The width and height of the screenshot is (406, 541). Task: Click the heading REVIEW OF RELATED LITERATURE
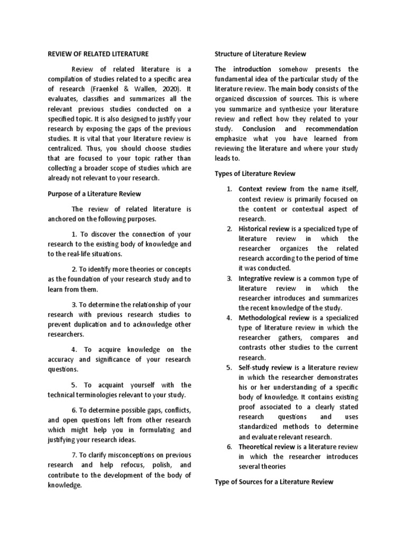click(x=99, y=54)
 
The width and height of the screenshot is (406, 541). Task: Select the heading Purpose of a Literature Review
click(x=95, y=194)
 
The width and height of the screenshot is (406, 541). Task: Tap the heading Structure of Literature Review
click(x=260, y=54)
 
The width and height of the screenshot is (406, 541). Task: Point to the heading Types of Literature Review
click(x=254, y=174)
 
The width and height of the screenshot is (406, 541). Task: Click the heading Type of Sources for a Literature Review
click(x=273, y=481)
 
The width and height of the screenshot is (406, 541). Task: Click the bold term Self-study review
click(x=263, y=368)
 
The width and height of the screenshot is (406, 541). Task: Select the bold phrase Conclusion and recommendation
click(x=300, y=128)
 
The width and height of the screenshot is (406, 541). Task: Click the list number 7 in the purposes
click(x=73, y=455)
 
